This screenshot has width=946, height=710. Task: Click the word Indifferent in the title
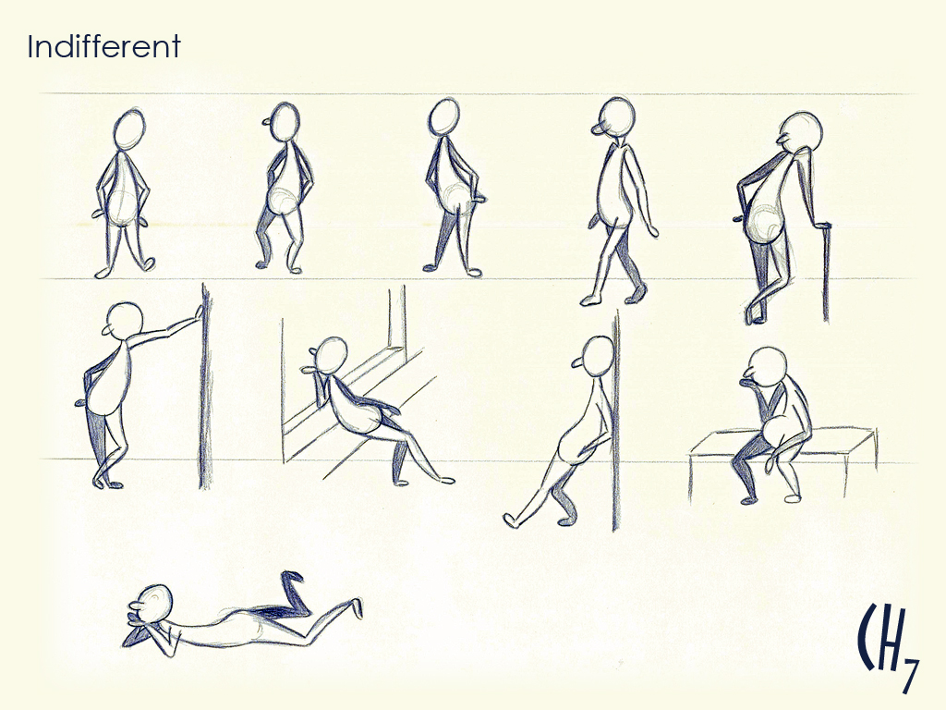tap(103, 46)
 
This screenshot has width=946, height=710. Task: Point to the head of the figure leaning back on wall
tap(598, 354)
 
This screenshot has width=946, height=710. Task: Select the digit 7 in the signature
tap(909, 674)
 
